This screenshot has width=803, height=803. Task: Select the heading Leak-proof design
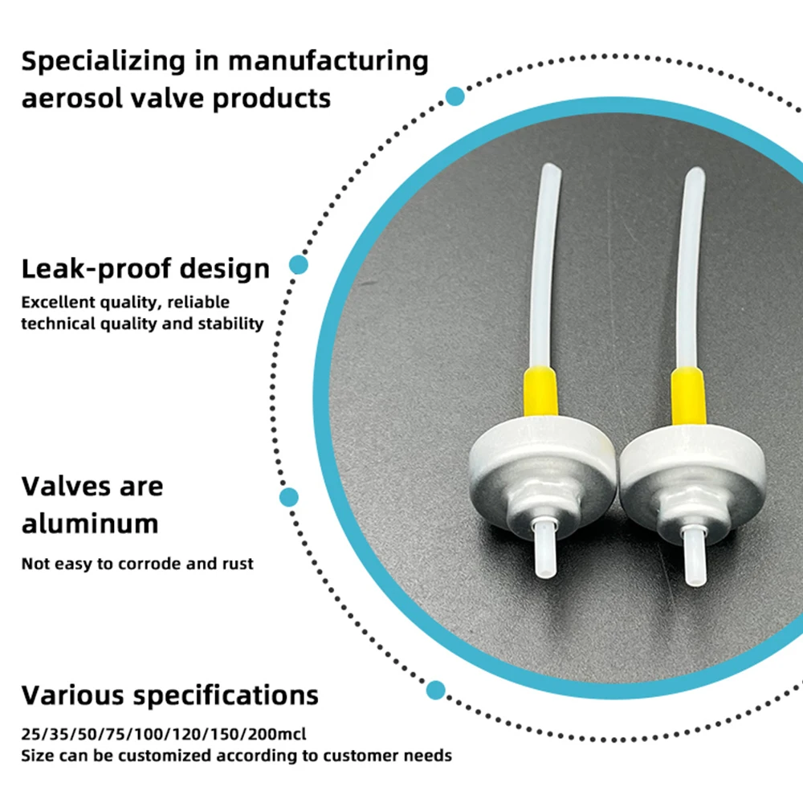coord(145,268)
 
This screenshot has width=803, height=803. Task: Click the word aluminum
coord(89,524)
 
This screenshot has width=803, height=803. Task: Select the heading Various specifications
coord(169,694)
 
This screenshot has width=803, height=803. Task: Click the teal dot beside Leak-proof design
coord(299,265)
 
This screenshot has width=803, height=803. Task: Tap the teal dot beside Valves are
coord(289,497)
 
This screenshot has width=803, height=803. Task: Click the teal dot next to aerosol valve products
coord(455,96)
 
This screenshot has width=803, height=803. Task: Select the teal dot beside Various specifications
coord(435,689)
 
